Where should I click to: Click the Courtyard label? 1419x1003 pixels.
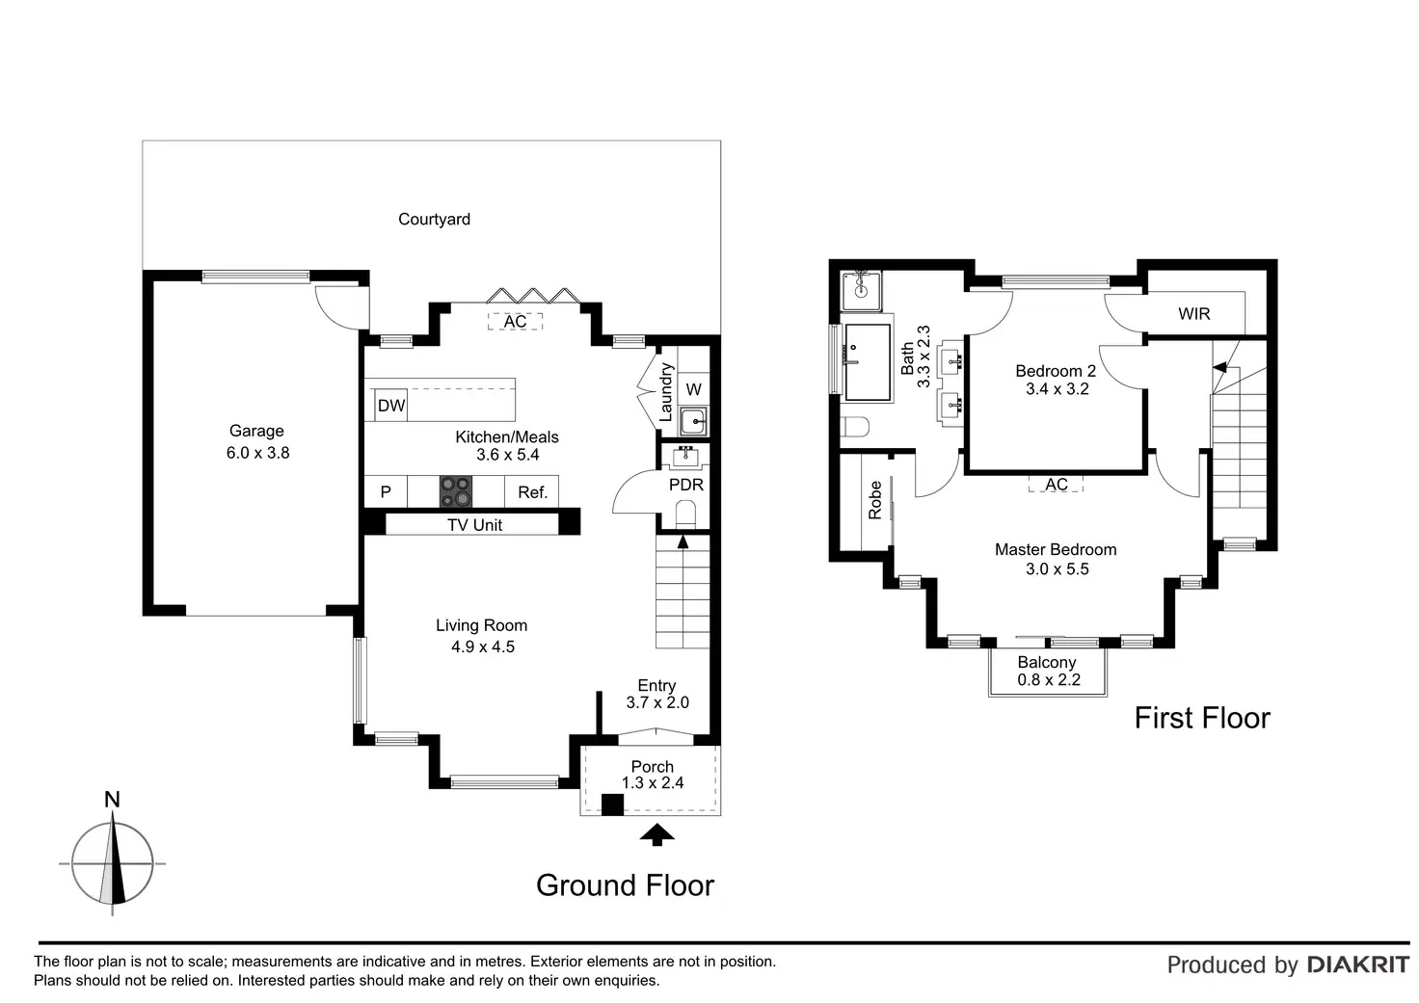click(434, 219)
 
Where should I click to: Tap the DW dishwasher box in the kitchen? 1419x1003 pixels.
click(390, 406)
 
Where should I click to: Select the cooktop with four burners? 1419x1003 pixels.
click(455, 491)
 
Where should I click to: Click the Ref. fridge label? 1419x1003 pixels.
click(532, 492)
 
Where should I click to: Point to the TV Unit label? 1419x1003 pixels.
click(474, 525)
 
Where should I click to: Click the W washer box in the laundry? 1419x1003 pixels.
click(694, 389)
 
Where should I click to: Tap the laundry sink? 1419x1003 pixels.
click(694, 422)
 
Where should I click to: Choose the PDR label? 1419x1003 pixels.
click(686, 485)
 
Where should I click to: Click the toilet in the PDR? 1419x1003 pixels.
click(685, 515)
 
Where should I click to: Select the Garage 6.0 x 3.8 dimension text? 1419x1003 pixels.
click(257, 453)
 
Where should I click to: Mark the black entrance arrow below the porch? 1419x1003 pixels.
click(656, 834)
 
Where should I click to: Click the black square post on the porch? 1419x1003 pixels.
click(612, 805)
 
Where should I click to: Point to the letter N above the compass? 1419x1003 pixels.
click(112, 800)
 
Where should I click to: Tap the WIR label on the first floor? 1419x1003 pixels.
click(1194, 313)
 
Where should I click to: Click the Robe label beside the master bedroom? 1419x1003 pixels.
click(875, 500)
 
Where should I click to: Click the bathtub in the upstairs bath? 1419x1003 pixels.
click(868, 362)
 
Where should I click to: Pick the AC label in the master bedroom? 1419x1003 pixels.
click(1056, 485)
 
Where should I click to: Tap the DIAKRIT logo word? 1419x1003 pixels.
click(1358, 964)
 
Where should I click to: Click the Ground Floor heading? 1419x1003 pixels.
click(626, 885)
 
